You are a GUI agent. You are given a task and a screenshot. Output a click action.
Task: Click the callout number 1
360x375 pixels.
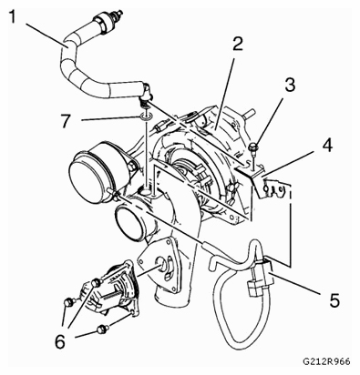(12, 17)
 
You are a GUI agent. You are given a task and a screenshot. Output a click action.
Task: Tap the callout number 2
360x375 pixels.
(238, 45)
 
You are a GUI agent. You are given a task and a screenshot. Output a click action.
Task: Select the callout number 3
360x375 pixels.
(290, 86)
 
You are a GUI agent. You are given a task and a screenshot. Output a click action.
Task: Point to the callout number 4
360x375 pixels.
(326, 146)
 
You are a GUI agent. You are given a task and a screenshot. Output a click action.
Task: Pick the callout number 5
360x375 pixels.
(334, 299)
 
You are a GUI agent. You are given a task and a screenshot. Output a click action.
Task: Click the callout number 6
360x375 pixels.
(60, 341)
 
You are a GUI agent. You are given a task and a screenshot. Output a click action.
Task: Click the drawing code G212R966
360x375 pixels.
(326, 361)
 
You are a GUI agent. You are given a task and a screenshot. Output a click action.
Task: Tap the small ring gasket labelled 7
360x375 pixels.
(146, 117)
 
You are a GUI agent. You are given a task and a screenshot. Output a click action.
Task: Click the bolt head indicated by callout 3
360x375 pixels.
(253, 147)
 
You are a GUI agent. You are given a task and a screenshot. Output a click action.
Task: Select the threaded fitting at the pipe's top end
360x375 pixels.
(118, 15)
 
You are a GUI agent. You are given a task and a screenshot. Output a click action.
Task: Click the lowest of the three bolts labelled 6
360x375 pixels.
(100, 329)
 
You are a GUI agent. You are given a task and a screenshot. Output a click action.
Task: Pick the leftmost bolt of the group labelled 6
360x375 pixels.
(67, 302)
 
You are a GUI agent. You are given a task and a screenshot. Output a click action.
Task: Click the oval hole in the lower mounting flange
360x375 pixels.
(161, 263)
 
